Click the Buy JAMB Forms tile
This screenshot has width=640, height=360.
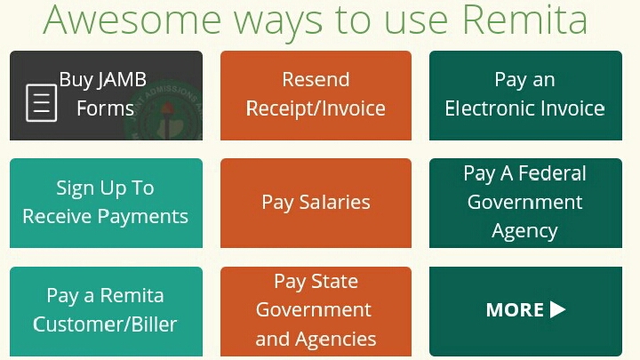point(106,95)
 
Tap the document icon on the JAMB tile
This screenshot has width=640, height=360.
point(41,102)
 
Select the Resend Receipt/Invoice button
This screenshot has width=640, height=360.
point(316,95)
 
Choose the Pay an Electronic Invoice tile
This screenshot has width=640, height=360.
point(525,95)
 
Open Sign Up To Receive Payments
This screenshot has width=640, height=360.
point(106,203)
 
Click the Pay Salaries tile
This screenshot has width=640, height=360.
point(316,203)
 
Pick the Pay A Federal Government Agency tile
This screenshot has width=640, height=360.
point(525,203)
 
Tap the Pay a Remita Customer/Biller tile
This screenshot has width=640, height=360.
point(106,310)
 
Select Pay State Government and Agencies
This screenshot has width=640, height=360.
point(316,310)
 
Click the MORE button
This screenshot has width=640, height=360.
point(525,310)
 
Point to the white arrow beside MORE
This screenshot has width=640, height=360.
point(557,309)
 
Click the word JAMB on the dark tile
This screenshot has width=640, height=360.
point(122,80)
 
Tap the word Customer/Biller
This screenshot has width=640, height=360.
point(106,324)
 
